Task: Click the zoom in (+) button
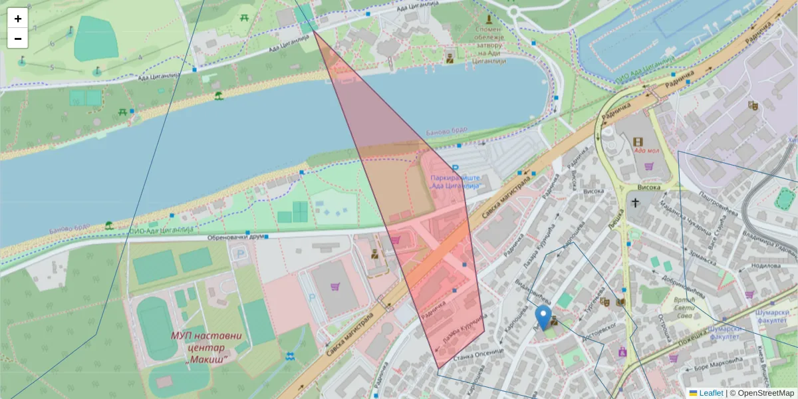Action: (x=18, y=19)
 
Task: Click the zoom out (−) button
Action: (x=18, y=39)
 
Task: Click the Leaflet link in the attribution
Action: (x=711, y=393)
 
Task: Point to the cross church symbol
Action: (x=635, y=203)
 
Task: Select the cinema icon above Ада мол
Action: (x=638, y=141)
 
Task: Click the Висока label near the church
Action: (x=648, y=188)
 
